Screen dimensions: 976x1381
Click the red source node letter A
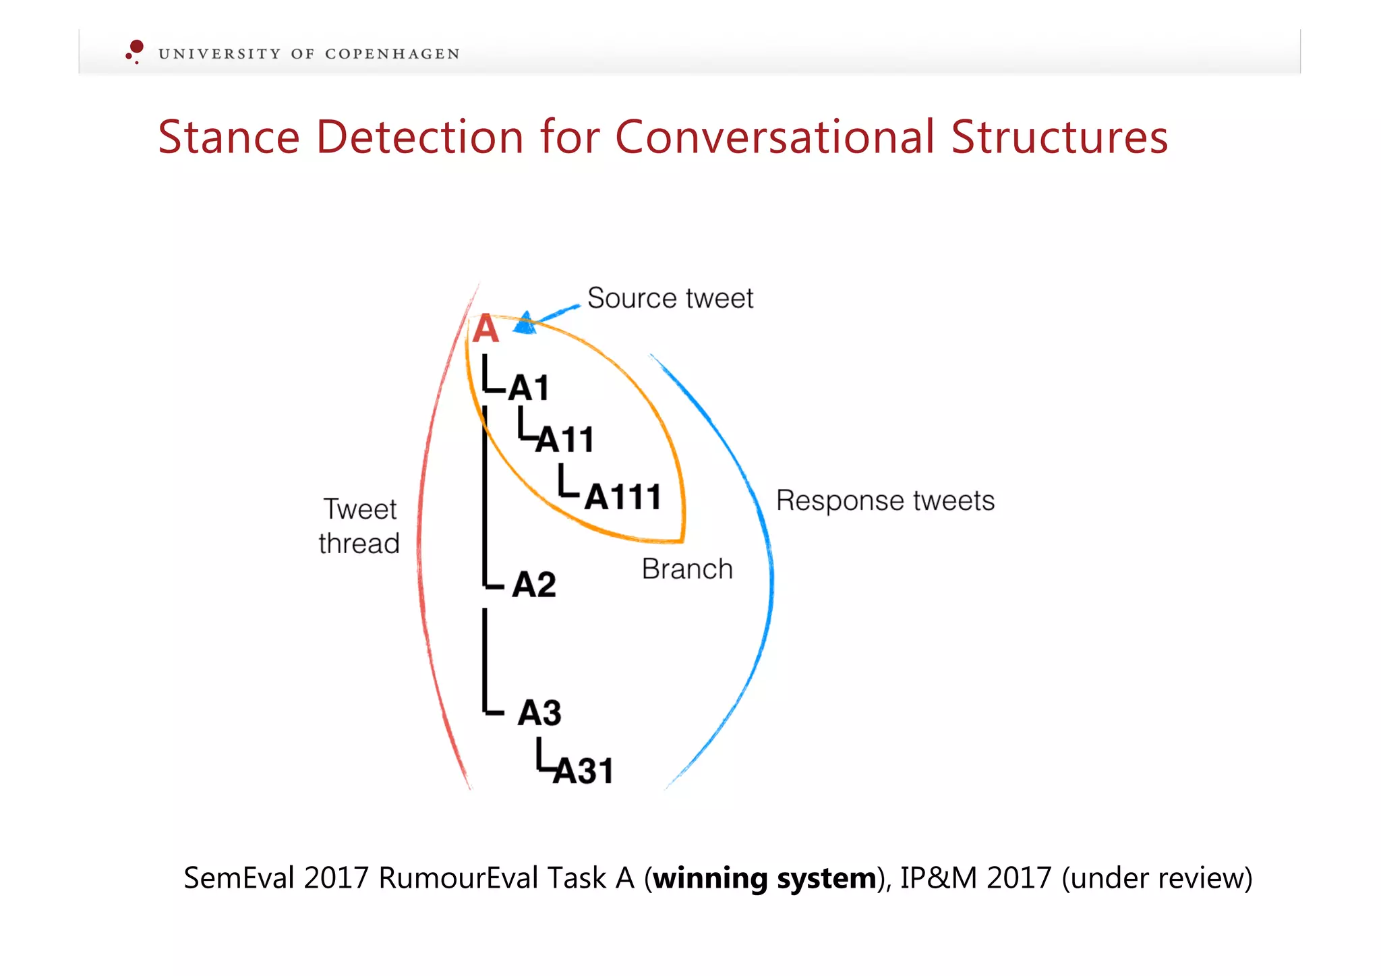point(486,330)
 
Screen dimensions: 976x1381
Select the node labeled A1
point(529,388)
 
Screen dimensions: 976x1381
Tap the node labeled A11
point(565,440)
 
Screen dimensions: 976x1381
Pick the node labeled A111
point(622,498)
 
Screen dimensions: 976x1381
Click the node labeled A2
point(534,584)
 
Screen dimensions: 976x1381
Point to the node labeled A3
point(539,713)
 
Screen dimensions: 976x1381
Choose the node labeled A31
point(583,771)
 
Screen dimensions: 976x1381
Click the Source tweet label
point(670,298)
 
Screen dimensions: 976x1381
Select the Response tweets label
point(885,500)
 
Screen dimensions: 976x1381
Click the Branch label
point(686,569)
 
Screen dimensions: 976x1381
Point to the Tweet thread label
point(359,526)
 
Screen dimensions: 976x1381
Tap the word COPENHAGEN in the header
point(392,54)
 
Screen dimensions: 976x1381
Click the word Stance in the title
point(229,138)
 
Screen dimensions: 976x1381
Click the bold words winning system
point(765,878)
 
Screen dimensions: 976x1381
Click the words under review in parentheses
point(1156,878)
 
